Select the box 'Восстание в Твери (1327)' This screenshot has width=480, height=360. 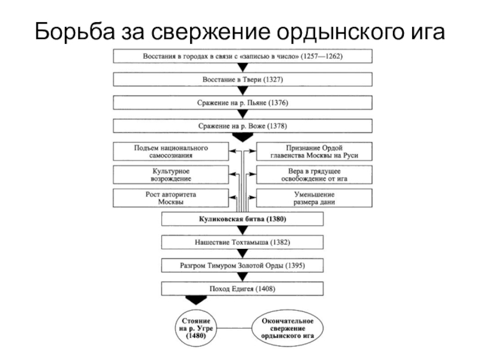click(x=243, y=79)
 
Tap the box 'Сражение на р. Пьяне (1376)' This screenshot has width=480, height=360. click(x=243, y=103)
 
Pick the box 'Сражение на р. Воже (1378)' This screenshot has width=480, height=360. click(x=243, y=127)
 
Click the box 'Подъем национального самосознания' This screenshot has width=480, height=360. click(x=170, y=151)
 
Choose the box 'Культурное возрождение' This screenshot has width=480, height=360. click(x=170, y=175)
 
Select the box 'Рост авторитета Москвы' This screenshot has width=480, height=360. click(x=170, y=199)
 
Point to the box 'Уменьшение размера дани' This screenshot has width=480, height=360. click(x=314, y=199)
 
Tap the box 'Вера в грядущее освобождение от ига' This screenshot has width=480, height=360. click(x=314, y=175)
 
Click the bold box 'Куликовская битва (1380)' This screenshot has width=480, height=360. click(x=243, y=220)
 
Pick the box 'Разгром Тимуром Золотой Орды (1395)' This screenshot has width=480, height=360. click(x=243, y=265)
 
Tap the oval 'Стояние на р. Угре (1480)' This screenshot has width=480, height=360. click(x=196, y=328)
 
